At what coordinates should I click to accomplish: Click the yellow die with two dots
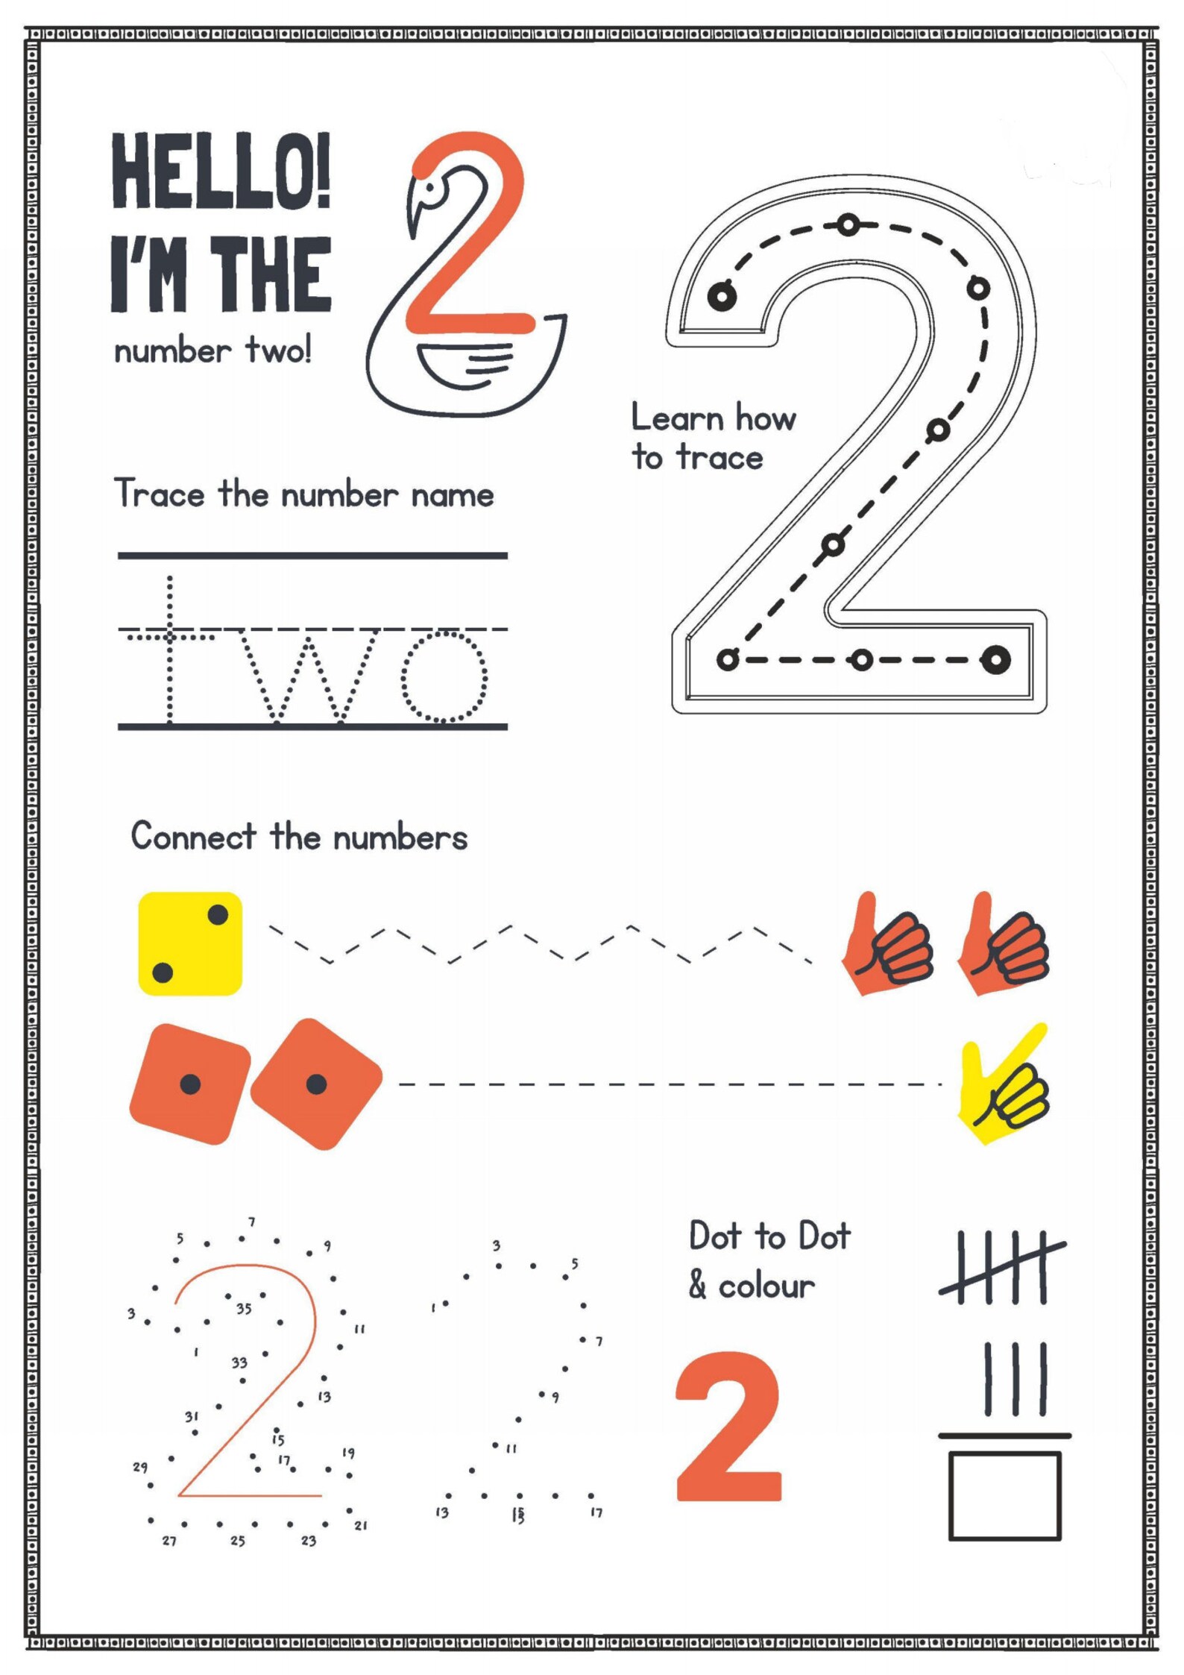[190, 943]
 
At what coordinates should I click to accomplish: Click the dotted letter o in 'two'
[444, 677]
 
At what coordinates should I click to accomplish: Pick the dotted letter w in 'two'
[309, 677]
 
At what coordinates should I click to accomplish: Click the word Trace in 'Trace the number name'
[160, 494]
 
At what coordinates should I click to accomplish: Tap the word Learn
[678, 418]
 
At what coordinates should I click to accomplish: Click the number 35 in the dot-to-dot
[244, 1309]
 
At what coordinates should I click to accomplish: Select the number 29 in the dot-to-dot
[140, 1467]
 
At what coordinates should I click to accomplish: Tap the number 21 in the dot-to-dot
[361, 1526]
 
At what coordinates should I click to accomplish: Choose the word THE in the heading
[271, 274]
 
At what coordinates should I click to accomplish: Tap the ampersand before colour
[698, 1284]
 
